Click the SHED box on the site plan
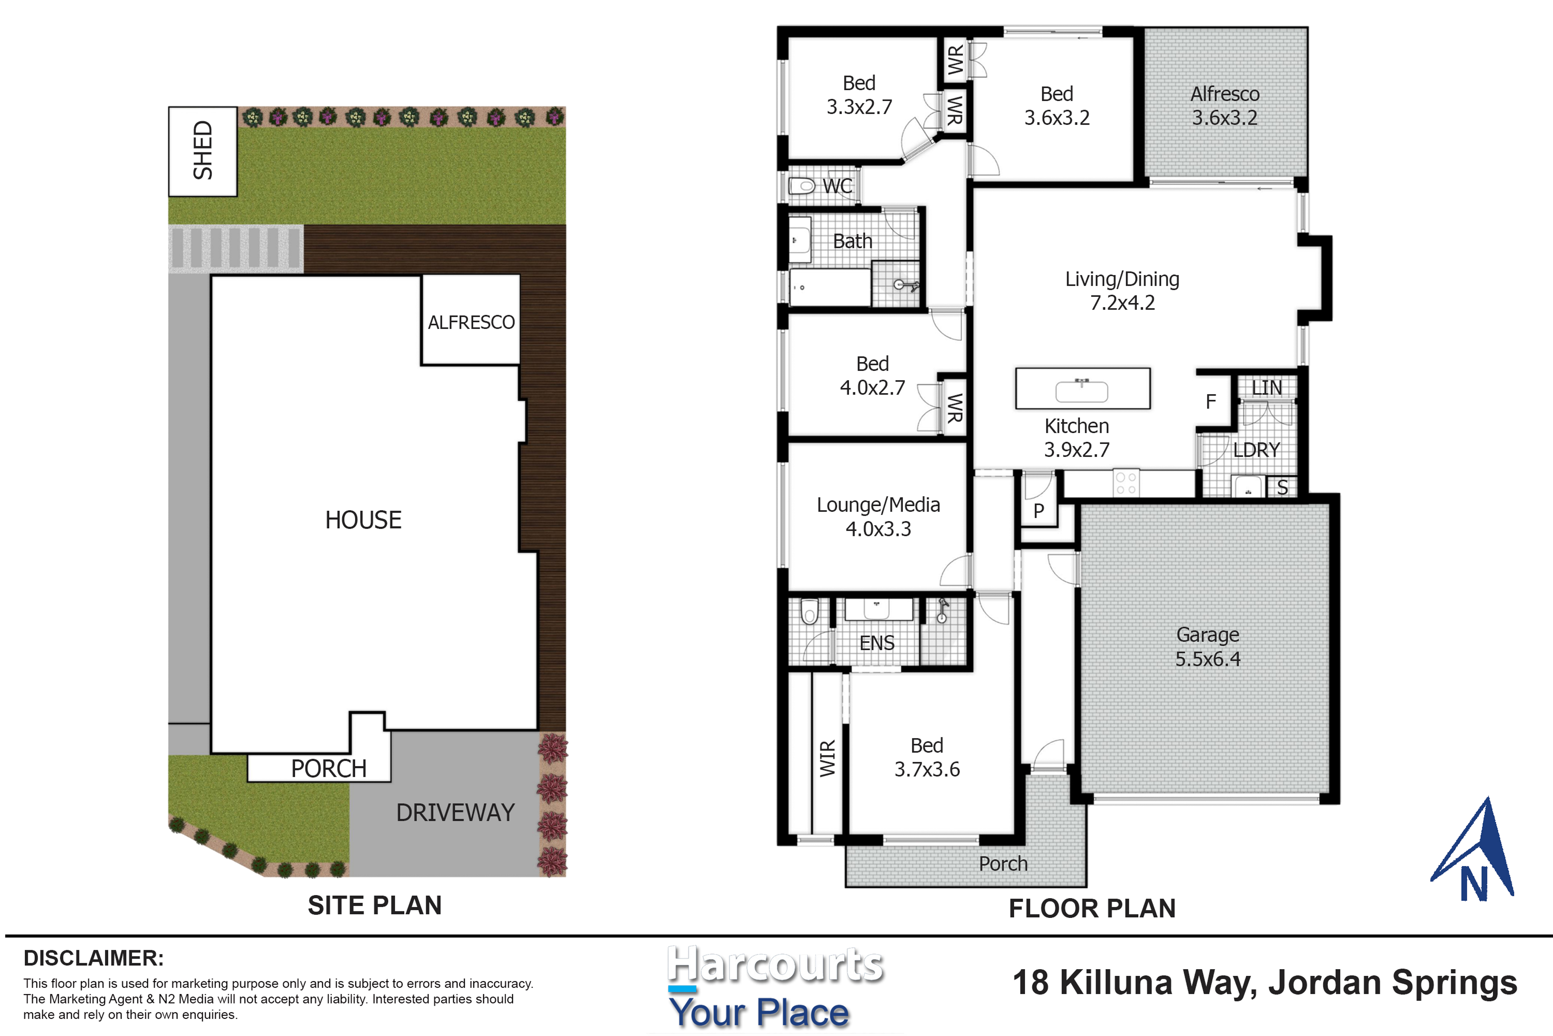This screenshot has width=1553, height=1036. (x=203, y=151)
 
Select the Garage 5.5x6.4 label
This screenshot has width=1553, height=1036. (x=1208, y=647)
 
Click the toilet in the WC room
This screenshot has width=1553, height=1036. (x=802, y=186)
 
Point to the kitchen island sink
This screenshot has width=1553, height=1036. (x=1082, y=390)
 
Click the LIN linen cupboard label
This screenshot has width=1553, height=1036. (x=1266, y=388)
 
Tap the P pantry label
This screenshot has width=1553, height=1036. (x=1039, y=510)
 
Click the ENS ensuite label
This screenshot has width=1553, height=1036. (x=877, y=643)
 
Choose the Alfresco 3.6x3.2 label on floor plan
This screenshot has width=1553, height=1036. (x=1225, y=106)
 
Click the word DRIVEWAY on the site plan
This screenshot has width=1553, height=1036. (x=455, y=813)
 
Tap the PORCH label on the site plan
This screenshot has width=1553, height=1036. (x=329, y=768)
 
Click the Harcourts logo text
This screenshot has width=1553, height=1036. (x=775, y=965)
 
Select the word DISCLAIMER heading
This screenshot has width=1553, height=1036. (x=94, y=958)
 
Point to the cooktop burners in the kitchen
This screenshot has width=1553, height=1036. (x=1126, y=482)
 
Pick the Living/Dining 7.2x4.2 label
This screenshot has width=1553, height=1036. (x=1122, y=291)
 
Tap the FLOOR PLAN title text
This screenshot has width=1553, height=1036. (x=1092, y=909)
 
